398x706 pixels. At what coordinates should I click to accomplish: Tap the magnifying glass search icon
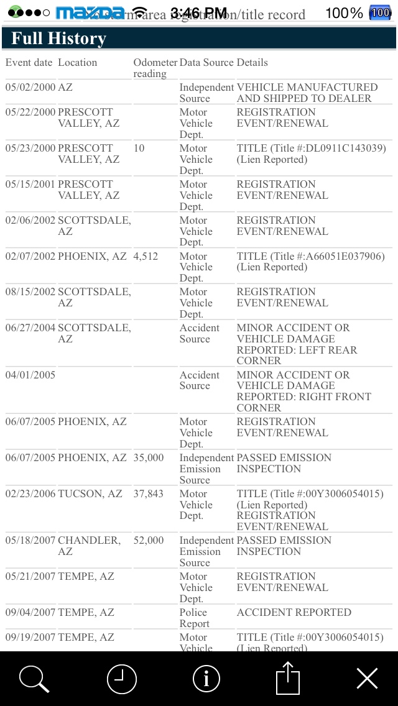click(x=34, y=678)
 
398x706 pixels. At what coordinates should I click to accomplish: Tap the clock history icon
click(x=121, y=678)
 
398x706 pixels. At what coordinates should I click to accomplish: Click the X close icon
click(x=367, y=678)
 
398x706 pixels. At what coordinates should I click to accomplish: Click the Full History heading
click(x=59, y=39)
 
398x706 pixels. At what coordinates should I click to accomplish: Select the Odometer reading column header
click(x=154, y=68)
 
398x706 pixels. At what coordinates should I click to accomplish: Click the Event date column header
click(x=29, y=63)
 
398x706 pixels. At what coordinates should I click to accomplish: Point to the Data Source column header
click(x=206, y=63)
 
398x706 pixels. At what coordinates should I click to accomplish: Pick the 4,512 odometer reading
click(x=146, y=256)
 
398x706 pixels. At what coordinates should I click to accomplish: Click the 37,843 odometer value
click(x=149, y=493)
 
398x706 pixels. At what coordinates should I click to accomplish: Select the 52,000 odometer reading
click(x=149, y=541)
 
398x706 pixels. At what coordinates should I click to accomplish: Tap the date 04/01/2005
click(x=30, y=375)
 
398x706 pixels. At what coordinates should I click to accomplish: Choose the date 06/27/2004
click(x=30, y=328)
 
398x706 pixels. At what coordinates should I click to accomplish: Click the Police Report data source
click(x=195, y=618)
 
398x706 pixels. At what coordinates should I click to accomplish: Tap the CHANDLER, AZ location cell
click(x=89, y=546)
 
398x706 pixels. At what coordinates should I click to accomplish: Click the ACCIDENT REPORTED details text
click(x=294, y=613)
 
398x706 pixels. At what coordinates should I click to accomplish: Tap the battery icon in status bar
click(x=379, y=12)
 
